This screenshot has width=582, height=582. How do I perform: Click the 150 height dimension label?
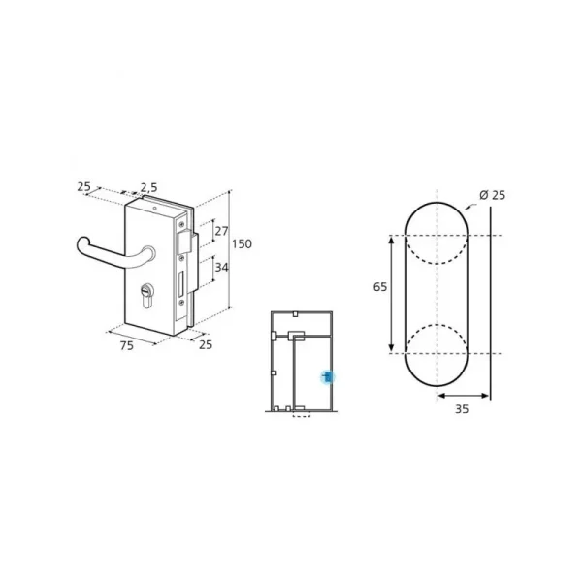pyautogui.click(x=242, y=243)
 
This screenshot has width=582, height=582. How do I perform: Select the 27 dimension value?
pyautogui.click(x=221, y=231)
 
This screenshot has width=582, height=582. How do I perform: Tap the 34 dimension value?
pyautogui.click(x=221, y=267)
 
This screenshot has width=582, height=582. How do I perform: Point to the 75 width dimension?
pyautogui.click(x=126, y=345)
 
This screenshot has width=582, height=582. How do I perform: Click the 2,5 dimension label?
pyautogui.click(x=148, y=187)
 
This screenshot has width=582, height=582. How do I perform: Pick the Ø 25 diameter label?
pyautogui.click(x=492, y=195)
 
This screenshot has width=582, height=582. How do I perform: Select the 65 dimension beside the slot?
pyautogui.click(x=379, y=287)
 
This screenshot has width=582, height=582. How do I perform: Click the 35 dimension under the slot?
pyautogui.click(x=462, y=409)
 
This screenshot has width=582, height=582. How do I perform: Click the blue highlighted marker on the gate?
pyautogui.click(x=328, y=377)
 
